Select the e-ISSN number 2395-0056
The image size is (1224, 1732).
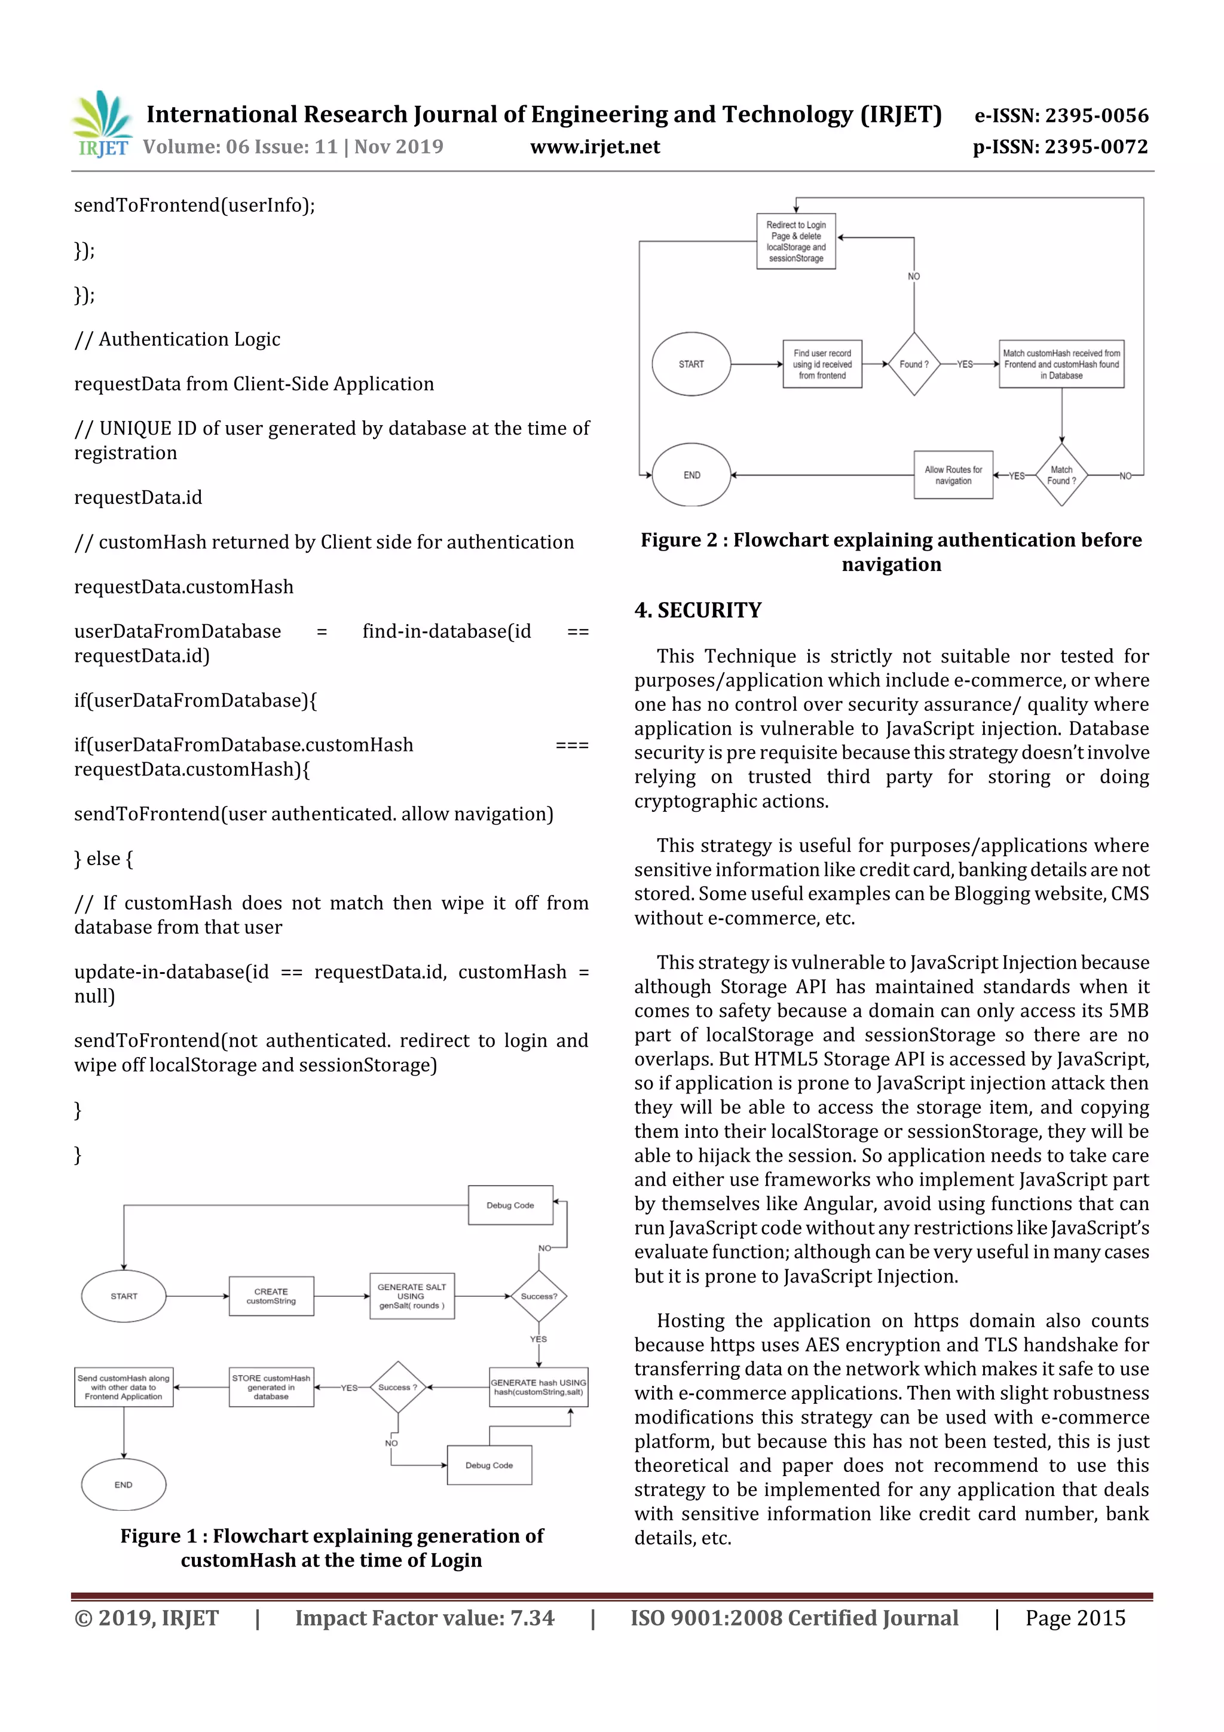[x=1061, y=115]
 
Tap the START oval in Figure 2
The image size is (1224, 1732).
[x=691, y=364]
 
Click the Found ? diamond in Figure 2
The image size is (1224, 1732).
[x=913, y=364]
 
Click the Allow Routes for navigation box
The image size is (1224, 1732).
[x=953, y=475]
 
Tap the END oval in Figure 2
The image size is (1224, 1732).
[x=691, y=475]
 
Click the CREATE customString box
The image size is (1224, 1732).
[x=271, y=1296]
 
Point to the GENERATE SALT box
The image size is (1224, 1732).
[x=412, y=1296]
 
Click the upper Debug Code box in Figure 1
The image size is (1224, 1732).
[x=510, y=1205]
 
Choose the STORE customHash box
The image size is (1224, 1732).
[x=271, y=1387]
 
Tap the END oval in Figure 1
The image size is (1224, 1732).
[x=123, y=1484]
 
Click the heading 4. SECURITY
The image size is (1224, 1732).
[x=697, y=610]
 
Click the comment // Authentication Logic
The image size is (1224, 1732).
[x=178, y=340]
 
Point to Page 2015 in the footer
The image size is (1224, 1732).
[x=1075, y=1618]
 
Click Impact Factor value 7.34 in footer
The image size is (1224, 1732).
[x=424, y=1618]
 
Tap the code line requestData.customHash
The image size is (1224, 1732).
[x=183, y=587]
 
